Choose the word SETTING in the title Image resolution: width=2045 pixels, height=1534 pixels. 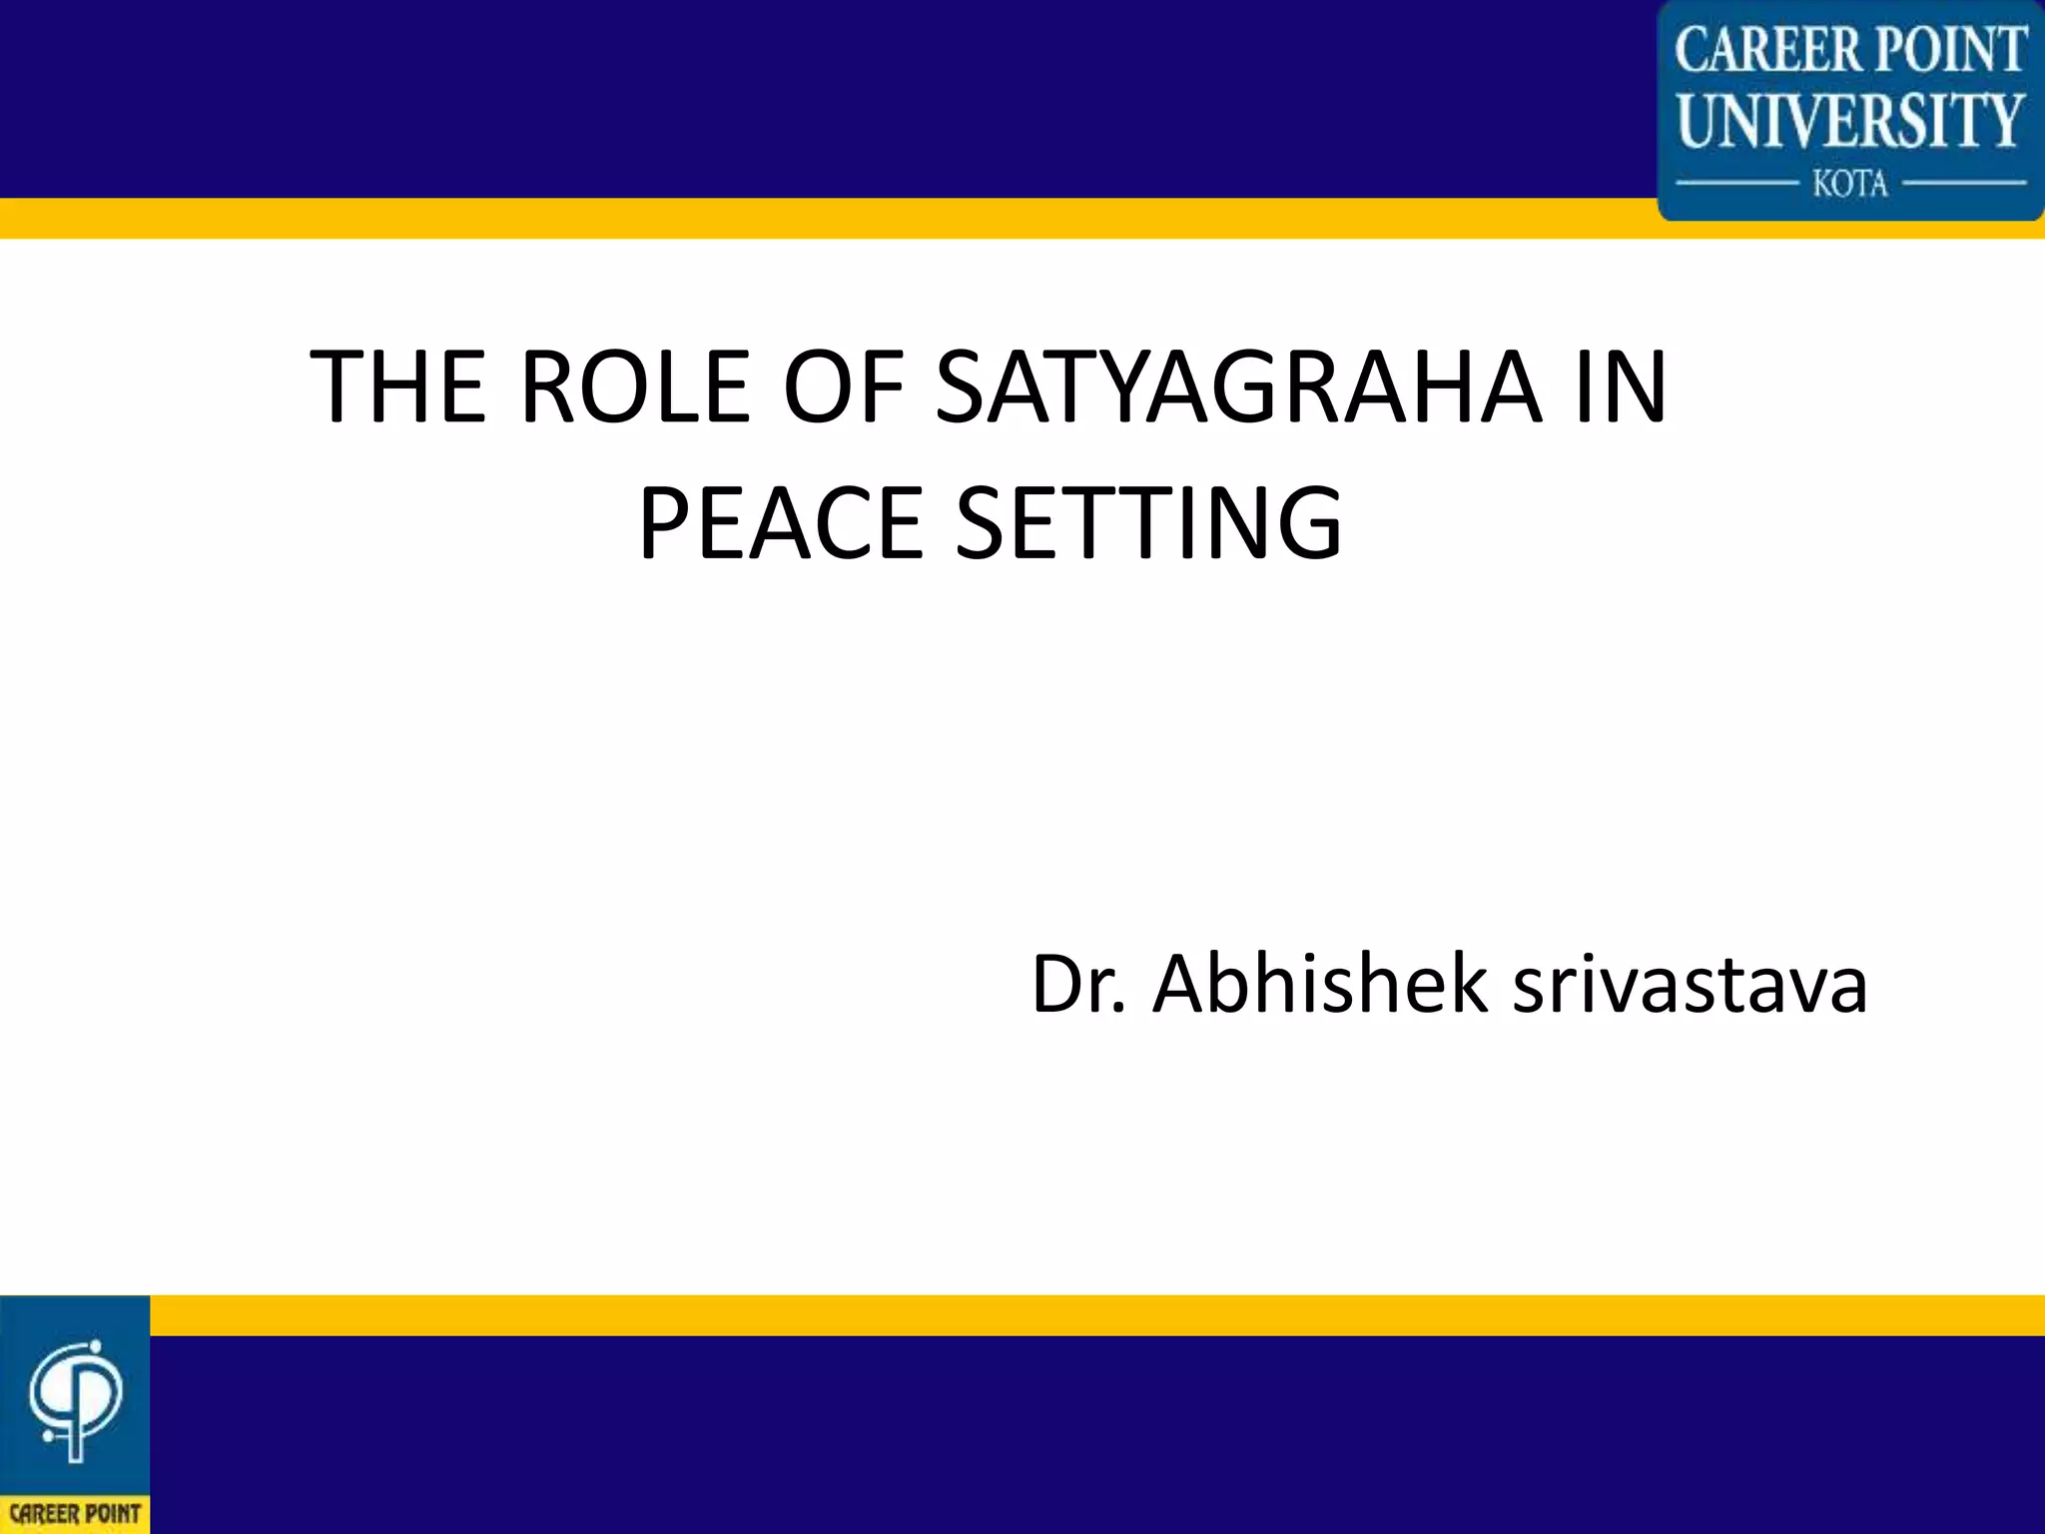[1149, 523]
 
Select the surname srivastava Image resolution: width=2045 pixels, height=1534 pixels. [1690, 985]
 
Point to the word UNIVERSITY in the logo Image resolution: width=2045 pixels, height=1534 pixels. [1850, 121]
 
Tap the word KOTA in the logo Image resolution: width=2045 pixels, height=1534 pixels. [1850, 184]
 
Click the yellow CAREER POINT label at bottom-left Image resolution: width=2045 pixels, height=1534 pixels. [75, 1514]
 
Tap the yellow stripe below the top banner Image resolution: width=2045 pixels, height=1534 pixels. [799, 218]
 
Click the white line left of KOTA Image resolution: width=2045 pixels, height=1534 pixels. [1735, 184]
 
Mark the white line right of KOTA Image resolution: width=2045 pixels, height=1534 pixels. [1964, 184]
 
